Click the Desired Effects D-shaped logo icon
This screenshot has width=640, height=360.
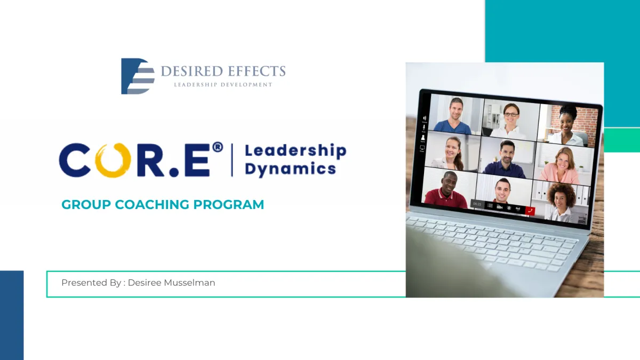click(138, 76)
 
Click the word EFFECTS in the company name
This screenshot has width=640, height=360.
click(256, 71)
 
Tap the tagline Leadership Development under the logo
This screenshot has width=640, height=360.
click(223, 85)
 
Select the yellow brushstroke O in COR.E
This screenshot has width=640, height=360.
click(113, 160)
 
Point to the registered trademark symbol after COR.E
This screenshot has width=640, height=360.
click(218, 147)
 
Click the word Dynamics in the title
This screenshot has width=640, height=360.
click(290, 169)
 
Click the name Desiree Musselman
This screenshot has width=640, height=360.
click(171, 283)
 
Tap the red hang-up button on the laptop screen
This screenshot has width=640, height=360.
click(530, 211)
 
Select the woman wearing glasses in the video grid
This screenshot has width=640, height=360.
click(510, 122)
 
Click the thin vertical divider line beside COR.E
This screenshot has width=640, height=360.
click(232, 160)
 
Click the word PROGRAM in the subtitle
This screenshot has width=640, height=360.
click(229, 205)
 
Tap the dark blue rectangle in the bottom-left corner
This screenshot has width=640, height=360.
click(12, 315)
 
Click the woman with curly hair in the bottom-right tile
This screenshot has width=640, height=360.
click(562, 202)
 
